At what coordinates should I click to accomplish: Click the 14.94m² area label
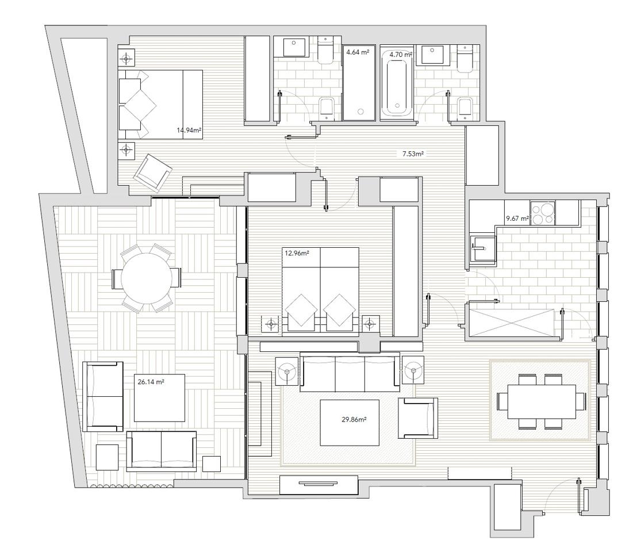click(189, 130)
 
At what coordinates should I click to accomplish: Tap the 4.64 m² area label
click(358, 52)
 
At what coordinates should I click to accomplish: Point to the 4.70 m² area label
click(401, 54)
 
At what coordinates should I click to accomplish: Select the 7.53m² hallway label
click(413, 154)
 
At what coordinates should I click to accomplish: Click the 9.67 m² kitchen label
click(517, 218)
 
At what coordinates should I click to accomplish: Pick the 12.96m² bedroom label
click(297, 253)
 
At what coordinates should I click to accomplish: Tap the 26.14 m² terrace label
click(151, 382)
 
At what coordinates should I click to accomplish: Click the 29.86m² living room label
click(354, 420)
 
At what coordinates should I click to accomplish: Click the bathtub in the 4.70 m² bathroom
click(397, 83)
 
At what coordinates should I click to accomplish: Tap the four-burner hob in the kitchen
click(543, 213)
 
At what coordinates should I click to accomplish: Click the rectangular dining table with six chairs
click(541, 401)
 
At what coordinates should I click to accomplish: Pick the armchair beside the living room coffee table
click(417, 418)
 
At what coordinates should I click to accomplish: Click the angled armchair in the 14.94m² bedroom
click(153, 172)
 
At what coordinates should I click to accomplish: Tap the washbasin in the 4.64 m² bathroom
click(296, 47)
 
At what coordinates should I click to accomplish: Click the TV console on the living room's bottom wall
click(319, 485)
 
